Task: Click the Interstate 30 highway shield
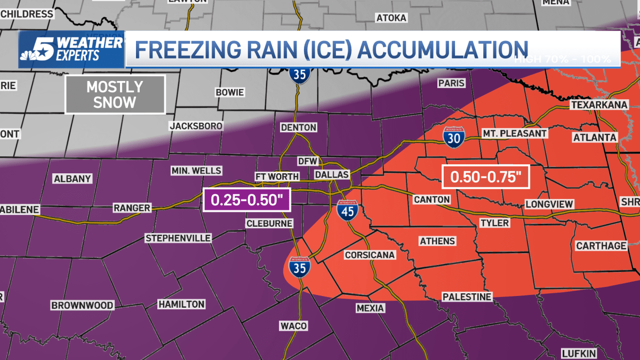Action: (x=453, y=137)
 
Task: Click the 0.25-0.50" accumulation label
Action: (x=246, y=200)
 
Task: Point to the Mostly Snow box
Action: (x=115, y=94)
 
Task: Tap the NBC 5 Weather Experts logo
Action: (x=71, y=49)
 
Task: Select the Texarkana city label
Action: (x=599, y=105)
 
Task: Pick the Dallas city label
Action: (x=332, y=174)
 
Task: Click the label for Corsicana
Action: (x=370, y=255)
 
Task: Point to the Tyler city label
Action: (x=494, y=223)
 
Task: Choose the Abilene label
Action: (x=19, y=210)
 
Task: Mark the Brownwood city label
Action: (x=82, y=306)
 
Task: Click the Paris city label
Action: (x=451, y=83)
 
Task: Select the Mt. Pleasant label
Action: (x=514, y=133)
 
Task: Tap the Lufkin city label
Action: (x=579, y=354)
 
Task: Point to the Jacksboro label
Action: (x=196, y=126)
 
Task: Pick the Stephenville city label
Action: (x=178, y=238)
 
